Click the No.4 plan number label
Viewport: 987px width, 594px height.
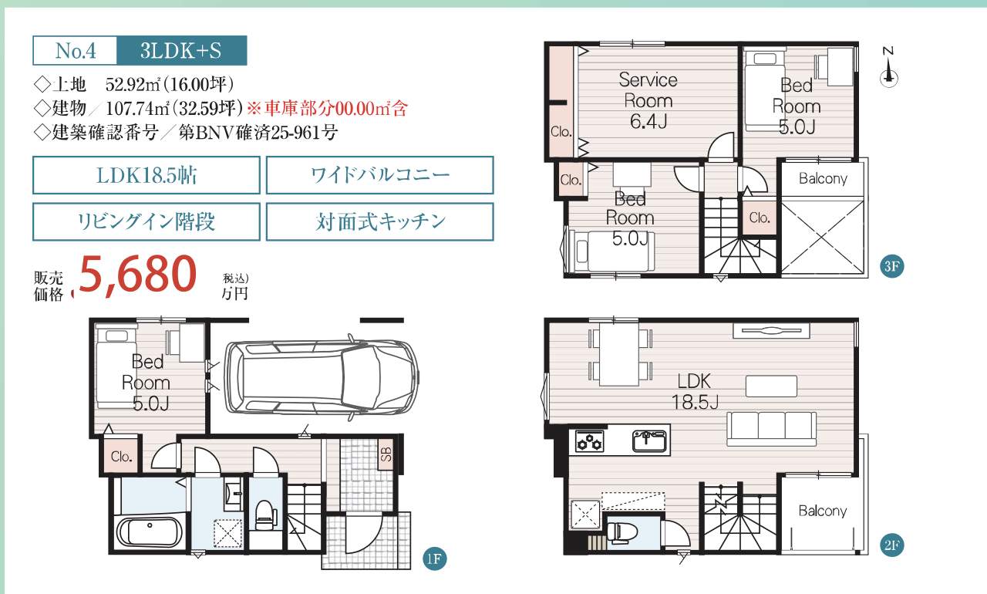76,51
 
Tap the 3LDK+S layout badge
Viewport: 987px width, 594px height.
181,51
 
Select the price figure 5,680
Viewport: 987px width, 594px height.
137,275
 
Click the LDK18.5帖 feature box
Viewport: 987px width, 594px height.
147,175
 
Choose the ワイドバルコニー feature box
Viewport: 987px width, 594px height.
380,175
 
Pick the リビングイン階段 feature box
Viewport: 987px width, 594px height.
147,221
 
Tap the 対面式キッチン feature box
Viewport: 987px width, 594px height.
380,221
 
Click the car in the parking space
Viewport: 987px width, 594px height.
322,378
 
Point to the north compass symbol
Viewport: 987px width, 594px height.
889,69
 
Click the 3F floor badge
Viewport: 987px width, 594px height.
892,266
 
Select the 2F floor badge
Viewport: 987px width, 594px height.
892,545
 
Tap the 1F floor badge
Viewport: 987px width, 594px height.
434,559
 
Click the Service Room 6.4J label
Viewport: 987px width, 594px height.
648,101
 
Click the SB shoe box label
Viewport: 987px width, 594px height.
386,454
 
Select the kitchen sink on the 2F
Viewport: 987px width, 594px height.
649,440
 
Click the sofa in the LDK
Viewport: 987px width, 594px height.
771,429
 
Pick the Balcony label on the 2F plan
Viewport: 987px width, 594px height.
823,511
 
